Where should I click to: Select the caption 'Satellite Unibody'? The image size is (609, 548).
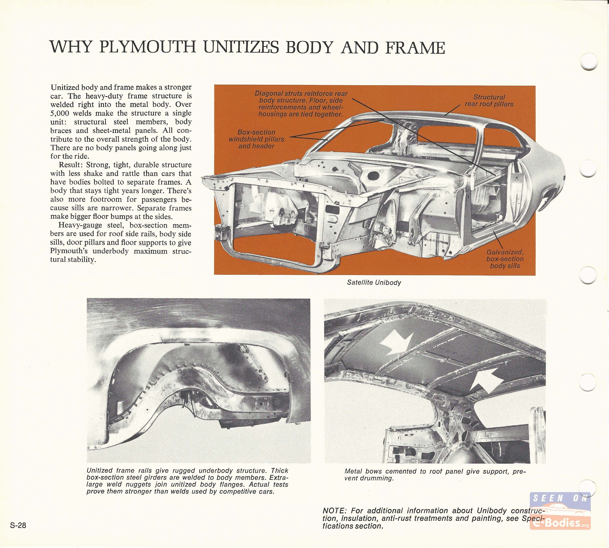(374, 283)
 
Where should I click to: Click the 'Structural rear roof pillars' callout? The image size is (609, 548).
(489, 100)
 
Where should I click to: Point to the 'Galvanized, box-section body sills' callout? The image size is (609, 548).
(505, 259)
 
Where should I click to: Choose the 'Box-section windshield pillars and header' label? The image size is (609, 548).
(256, 139)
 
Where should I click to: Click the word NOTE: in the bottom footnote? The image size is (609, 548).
(334, 511)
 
